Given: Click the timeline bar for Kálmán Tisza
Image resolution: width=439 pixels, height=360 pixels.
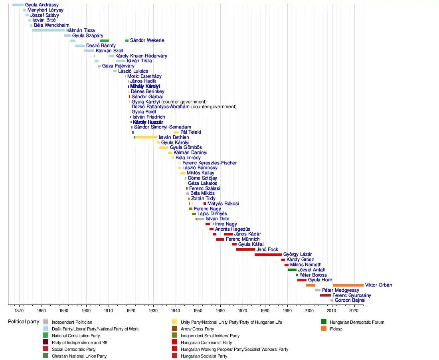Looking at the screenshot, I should coord(48,30).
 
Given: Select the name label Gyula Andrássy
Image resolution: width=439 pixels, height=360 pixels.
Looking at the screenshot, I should coord(42,5).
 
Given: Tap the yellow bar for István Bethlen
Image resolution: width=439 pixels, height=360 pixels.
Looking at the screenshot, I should coord(146,137).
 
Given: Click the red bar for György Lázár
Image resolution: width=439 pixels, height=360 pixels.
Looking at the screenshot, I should coord(268,254).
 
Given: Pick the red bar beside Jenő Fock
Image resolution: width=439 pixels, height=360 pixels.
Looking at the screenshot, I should coord(245,249).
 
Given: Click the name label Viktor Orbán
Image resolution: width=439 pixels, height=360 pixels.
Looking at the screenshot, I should coord(378,285).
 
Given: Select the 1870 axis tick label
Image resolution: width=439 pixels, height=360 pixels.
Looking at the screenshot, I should coord(19,310).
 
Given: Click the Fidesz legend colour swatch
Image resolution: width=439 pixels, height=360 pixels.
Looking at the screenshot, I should coord(324,329).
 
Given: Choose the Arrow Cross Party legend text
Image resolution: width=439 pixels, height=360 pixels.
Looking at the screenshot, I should coord(197,329).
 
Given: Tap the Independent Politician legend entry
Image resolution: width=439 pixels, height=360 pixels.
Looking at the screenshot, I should coord(72,322).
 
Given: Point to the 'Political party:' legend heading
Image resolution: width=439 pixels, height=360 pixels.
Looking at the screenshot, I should coord(24,322).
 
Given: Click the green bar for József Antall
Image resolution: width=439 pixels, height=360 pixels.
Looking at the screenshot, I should coord(292,270).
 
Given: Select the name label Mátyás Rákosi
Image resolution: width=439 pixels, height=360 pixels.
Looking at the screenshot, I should coord(223,204).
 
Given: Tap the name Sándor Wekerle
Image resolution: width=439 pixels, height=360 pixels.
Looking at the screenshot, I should coord(147,40).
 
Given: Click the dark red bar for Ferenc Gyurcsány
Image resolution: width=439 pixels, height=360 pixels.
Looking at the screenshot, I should coord(325,295).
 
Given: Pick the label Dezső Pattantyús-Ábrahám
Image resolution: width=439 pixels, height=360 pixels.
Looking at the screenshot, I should coord(160,107).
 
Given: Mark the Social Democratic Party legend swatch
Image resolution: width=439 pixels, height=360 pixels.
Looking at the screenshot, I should coord(46,349).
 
